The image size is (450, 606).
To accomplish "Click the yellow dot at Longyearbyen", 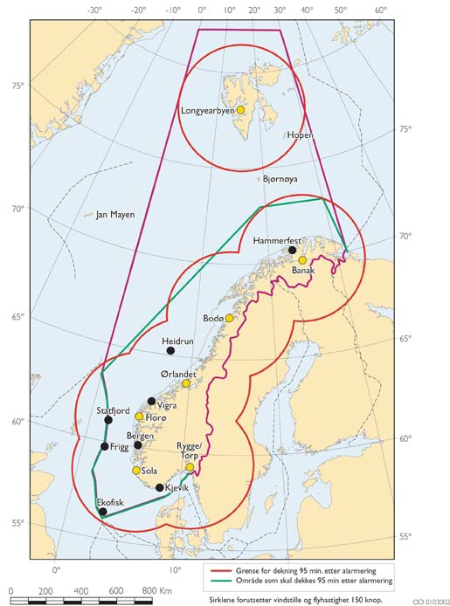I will (240, 110).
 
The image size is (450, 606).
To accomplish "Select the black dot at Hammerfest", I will (293, 250).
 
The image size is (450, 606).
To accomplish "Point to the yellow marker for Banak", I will (302, 260).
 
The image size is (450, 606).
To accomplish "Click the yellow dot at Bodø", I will (230, 319).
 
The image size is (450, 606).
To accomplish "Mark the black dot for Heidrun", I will (170, 351).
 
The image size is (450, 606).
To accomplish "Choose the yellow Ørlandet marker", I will (185, 383).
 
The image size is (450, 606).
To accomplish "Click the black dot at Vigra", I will (152, 402).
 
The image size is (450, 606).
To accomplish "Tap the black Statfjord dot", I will (108, 420).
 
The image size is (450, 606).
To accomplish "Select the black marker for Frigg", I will (104, 446).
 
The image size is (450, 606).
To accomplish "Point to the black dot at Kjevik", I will (159, 487).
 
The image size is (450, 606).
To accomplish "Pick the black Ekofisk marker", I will (103, 512).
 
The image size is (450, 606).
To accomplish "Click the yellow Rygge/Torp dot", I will (190, 467).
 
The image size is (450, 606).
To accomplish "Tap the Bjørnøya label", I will (280, 178).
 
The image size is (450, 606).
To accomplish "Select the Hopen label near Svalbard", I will (299, 135).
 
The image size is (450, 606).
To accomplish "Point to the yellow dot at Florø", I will (139, 417).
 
